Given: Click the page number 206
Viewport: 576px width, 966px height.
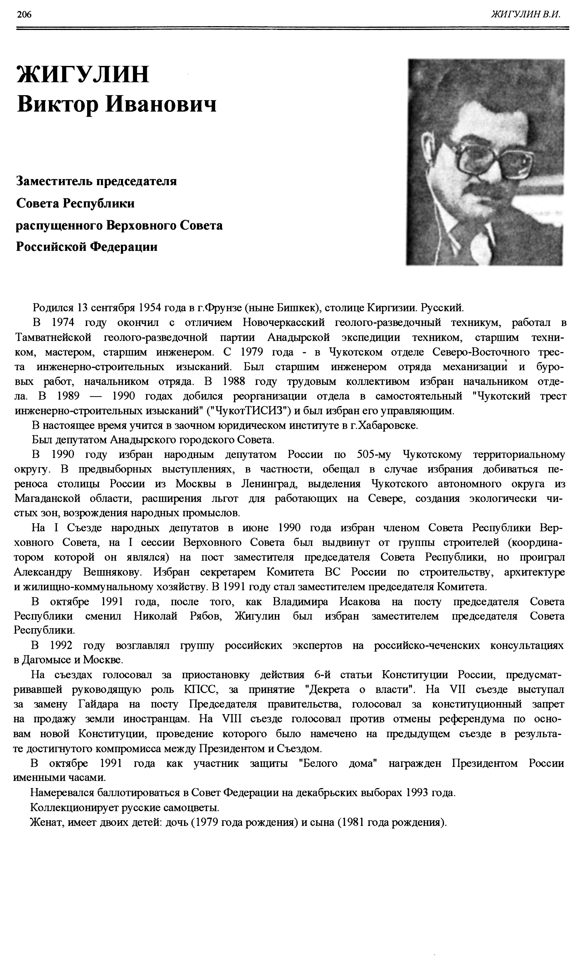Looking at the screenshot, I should (24, 15).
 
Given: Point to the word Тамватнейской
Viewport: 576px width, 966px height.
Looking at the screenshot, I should (53, 337).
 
